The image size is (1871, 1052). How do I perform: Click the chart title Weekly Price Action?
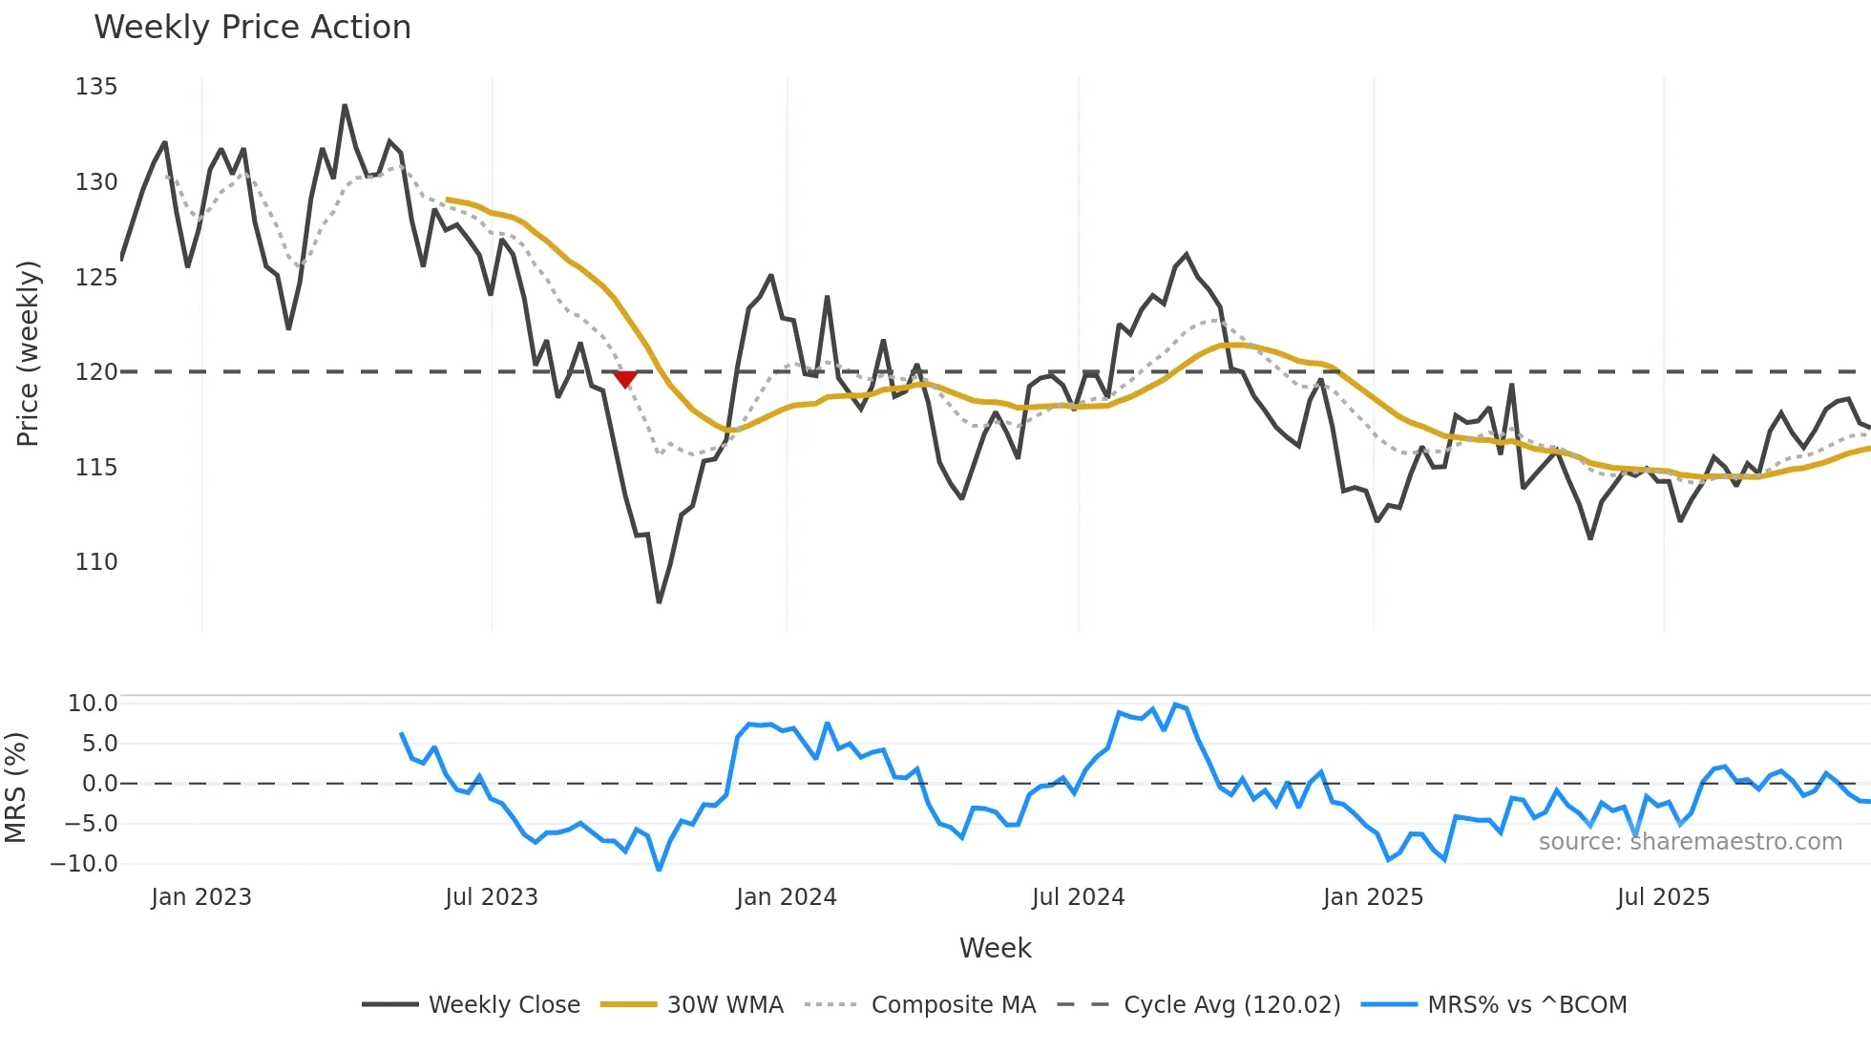(x=252, y=28)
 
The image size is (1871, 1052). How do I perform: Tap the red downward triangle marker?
(x=625, y=379)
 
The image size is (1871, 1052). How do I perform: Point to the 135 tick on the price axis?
(x=96, y=87)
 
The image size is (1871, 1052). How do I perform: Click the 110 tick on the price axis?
(x=96, y=562)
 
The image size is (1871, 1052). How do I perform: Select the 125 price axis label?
(x=96, y=278)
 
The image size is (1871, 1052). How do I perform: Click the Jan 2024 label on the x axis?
(x=786, y=897)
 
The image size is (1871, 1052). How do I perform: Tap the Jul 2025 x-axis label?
(x=1663, y=897)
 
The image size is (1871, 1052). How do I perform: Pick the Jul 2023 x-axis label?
(x=492, y=897)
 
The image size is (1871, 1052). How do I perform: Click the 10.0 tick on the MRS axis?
(x=93, y=704)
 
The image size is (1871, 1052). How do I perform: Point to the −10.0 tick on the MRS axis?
(x=84, y=864)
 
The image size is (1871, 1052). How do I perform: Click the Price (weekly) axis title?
(x=28, y=353)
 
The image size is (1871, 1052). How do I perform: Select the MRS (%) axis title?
(x=15, y=788)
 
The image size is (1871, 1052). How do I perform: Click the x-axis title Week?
(x=995, y=948)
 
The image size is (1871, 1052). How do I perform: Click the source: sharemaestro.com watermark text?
(x=1690, y=842)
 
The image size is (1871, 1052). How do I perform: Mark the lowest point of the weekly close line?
(x=659, y=601)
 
